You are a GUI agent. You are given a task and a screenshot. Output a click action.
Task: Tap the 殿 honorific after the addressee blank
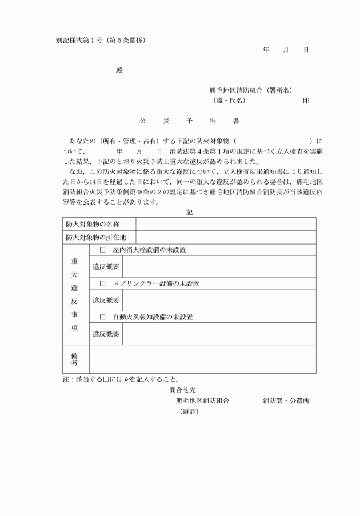point(119,70)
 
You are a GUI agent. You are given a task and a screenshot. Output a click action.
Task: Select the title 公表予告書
point(189,122)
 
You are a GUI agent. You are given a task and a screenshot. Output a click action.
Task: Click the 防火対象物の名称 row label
point(96,223)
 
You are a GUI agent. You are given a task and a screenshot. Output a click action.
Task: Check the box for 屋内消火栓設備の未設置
point(103,250)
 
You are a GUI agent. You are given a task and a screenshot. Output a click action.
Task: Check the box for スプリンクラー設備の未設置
point(103,283)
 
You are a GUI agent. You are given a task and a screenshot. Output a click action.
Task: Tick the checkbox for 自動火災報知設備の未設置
point(103,317)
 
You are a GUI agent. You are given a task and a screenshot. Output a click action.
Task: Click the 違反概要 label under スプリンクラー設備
point(106,300)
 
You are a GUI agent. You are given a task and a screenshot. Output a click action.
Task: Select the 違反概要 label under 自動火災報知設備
point(106,334)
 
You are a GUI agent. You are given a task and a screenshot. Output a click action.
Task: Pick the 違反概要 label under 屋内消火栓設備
point(106,266)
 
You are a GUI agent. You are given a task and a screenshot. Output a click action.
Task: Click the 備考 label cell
point(75,359)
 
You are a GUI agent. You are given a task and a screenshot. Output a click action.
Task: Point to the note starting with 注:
point(121,379)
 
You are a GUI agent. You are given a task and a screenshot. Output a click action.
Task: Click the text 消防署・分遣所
point(286,401)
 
